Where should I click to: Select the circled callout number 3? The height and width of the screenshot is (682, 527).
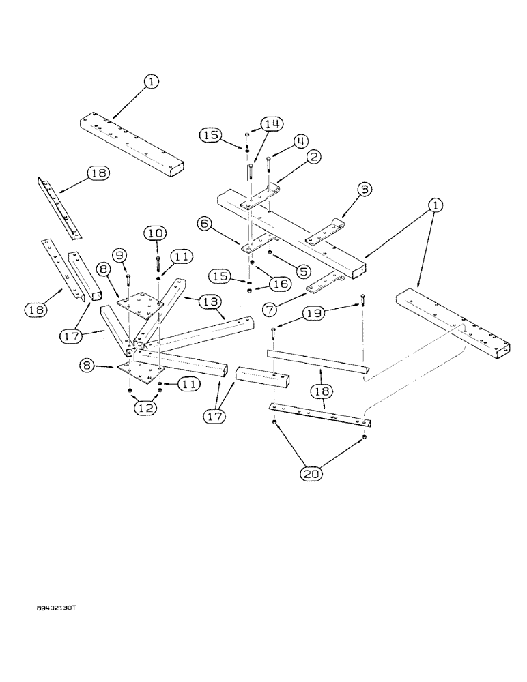click(365, 190)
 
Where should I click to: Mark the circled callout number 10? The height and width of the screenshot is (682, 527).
click(155, 233)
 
